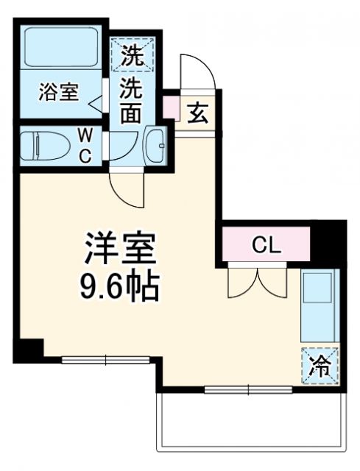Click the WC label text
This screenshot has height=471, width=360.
click(86, 145)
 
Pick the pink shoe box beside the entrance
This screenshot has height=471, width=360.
click(169, 107)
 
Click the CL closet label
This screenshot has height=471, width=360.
click(266, 246)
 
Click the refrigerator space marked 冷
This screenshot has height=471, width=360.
click(319, 365)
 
